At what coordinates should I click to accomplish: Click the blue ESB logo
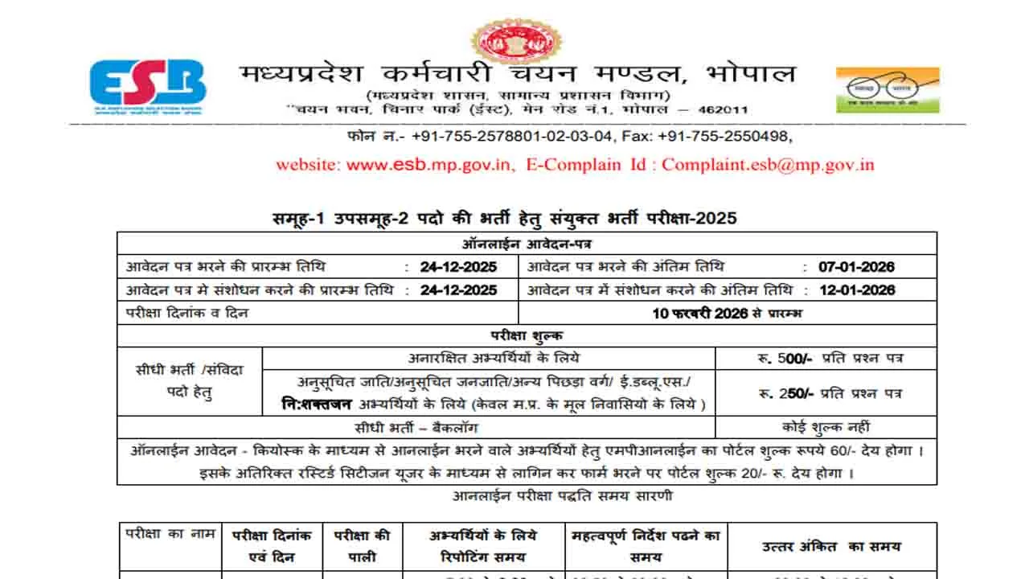point(147,84)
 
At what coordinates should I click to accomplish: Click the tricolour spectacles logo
point(887,89)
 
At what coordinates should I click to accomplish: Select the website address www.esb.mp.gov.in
point(428,165)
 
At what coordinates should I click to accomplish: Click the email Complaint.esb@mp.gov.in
point(768,165)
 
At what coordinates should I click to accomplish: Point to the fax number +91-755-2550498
point(724,136)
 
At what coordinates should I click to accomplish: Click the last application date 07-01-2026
point(856,267)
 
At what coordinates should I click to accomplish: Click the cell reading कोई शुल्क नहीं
point(826,428)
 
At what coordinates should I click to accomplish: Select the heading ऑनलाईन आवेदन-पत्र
point(527,244)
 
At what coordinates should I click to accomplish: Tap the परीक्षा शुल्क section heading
point(527,336)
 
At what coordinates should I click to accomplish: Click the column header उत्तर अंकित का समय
point(832,547)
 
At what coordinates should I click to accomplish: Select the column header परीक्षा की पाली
point(363,546)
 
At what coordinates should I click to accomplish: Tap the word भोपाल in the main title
point(749,74)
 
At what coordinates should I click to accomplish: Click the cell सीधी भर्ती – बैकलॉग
point(416,428)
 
